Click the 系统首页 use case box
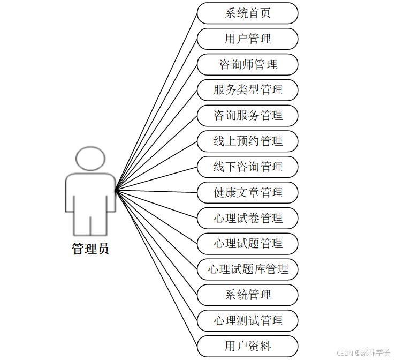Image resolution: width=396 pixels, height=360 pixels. (x=247, y=13)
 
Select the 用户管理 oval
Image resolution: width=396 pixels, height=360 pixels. (x=247, y=39)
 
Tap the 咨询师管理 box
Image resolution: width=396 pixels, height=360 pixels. (x=247, y=65)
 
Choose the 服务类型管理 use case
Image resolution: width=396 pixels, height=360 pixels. (x=247, y=90)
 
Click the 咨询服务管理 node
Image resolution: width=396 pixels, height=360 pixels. (x=247, y=116)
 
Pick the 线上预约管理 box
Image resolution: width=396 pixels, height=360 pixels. (x=247, y=141)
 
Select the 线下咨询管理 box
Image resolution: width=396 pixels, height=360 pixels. (x=247, y=167)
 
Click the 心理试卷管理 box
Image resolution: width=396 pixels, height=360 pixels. (x=247, y=218)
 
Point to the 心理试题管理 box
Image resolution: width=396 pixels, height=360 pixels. (x=247, y=244)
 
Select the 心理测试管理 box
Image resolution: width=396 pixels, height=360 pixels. (x=247, y=321)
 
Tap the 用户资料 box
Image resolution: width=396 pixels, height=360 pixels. (x=247, y=346)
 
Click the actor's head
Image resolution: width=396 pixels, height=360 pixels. (x=90, y=159)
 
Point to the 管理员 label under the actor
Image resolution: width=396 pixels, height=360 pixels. (x=90, y=249)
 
